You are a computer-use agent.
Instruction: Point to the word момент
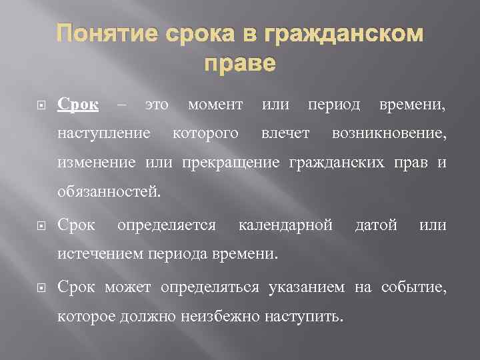click(x=215, y=105)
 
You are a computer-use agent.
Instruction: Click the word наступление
click(x=113, y=134)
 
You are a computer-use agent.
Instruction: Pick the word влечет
click(x=285, y=134)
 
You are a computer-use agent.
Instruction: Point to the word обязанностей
click(x=109, y=193)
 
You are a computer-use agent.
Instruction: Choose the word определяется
click(x=166, y=225)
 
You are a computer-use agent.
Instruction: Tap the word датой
click(x=377, y=225)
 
